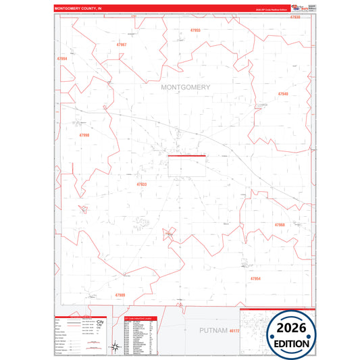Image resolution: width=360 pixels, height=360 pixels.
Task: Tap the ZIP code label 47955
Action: tap(196, 31)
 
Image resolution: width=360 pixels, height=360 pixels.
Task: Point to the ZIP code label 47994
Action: tap(62, 59)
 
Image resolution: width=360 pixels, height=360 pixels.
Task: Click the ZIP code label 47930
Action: tap(295, 17)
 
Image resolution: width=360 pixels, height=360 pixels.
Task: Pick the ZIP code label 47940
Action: tap(283, 94)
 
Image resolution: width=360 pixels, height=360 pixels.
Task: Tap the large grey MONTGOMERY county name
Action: tap(186, 87)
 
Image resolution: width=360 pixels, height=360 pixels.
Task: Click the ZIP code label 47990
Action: tap(84, 135)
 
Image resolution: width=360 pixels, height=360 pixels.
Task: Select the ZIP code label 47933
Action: tap(141, 184)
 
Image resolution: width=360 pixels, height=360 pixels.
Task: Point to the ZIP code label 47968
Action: tap(280, 224)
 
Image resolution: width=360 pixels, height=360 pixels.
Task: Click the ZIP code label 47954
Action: tap(255, 278)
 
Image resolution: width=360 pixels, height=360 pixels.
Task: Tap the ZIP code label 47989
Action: tap(120, 295)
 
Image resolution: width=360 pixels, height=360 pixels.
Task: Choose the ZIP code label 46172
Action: tap(234, 331)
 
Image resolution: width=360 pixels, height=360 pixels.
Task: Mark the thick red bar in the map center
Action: tap(186, 156)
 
